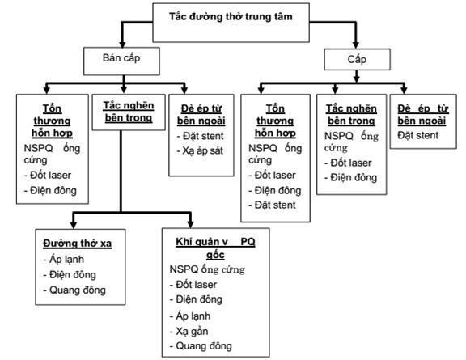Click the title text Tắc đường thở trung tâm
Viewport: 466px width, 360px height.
pos(231,17)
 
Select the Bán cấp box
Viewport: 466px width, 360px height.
pos(121,61)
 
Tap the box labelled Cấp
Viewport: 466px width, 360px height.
pos(357,59)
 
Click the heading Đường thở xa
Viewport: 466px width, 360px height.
pos(78,244)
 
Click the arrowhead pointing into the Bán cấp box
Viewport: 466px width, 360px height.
pos(122,44)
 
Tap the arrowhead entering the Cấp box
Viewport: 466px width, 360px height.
pos(356,44)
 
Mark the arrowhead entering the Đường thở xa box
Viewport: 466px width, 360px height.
pos(73,225)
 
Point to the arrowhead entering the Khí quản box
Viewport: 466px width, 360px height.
pos(190,224)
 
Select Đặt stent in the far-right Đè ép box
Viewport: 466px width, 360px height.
pos(417,136)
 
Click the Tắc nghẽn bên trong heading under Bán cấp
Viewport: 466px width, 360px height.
pos(129,112)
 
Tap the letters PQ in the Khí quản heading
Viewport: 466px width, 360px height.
pos(248,242)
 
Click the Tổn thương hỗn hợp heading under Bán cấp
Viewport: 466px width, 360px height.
pos(52,121)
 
